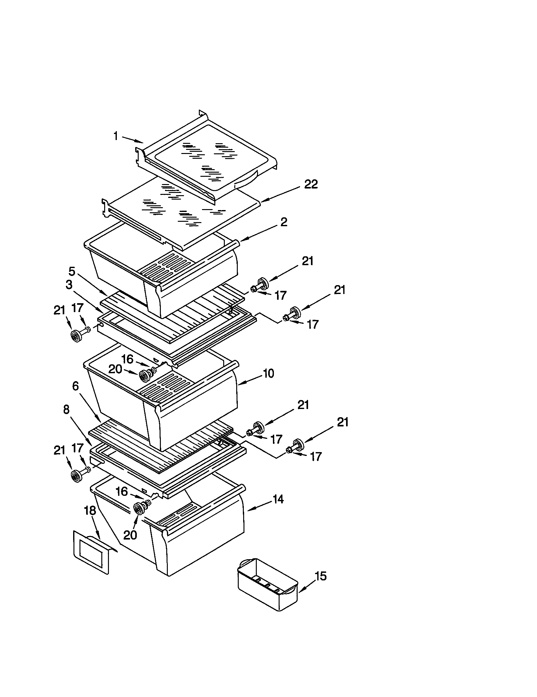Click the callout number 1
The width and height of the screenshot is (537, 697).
(116, 136)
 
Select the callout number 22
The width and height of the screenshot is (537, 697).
(311, 184)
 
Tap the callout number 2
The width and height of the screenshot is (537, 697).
(284, 222)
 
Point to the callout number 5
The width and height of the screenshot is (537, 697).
(72, 272)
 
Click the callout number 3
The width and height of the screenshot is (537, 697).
(69, 285)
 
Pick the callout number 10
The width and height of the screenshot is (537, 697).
(269, 373)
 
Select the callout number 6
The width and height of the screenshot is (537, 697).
(75, 386)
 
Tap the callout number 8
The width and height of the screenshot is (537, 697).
(66, 409)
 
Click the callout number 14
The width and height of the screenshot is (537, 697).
(278, 499)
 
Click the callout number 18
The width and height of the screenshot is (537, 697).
(90, 511)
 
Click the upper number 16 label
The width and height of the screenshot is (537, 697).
(127, 359)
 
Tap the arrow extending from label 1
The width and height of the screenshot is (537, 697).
(132, 139)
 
